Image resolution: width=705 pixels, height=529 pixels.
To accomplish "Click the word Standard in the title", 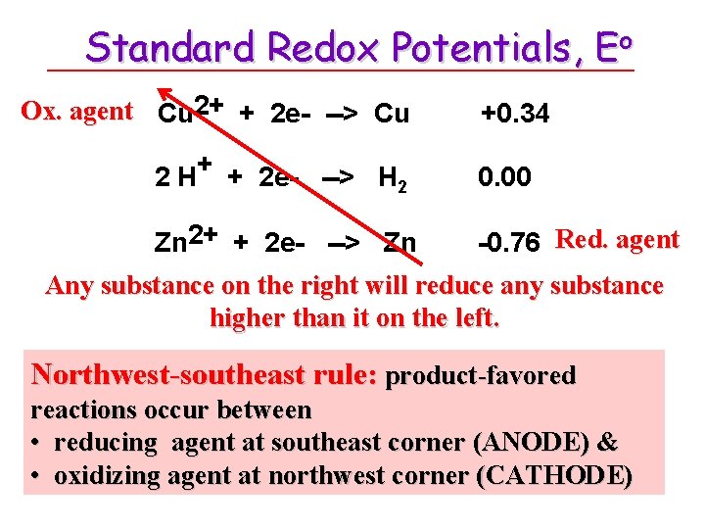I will [171, 46].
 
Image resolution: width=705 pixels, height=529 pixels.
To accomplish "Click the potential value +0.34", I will [515, 115].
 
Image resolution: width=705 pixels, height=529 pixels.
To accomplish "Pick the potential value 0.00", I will [504, 177].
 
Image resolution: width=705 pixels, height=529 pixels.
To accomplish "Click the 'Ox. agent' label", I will [77, 111].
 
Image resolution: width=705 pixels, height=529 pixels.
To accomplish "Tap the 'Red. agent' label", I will [617, 239].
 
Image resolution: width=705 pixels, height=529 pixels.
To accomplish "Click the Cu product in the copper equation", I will [392, 115].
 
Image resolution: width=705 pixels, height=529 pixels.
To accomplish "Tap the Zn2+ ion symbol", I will [186, 240].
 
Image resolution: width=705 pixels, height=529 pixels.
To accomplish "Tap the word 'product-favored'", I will [482, 375].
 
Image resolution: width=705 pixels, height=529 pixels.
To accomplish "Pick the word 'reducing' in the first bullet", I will [106, 442].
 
